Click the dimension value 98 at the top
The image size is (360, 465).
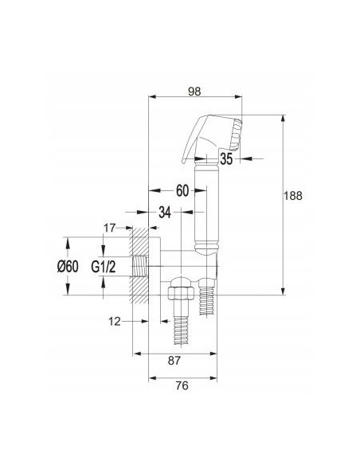click(x=194, y=92)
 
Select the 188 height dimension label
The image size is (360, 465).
click(x=293, y=196)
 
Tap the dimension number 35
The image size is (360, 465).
click(x=226, y=159)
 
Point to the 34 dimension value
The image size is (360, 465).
click(x=165, y=213)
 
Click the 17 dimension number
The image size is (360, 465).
click(x=109, y=228)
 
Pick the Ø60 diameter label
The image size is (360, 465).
click(x=68, y=266)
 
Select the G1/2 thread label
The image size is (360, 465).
click(x=104, y=267)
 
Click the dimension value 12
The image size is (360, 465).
click(x=115, y=321)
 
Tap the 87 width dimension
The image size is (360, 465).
click(x=174, y=361)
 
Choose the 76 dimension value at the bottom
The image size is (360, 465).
click(x=182, y=385)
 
